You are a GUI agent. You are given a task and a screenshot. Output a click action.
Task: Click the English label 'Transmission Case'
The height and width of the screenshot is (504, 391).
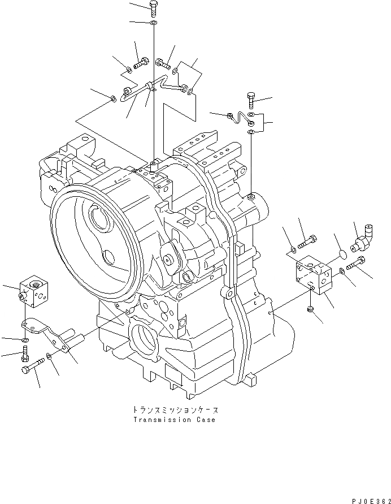point(174,420)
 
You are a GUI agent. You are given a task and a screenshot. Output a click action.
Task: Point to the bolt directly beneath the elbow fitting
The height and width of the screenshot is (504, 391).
point(354,263)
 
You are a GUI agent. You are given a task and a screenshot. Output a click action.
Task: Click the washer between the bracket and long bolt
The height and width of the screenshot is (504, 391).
point(50,356)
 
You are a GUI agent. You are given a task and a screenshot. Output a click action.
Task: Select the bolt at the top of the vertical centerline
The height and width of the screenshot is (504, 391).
point(154,7)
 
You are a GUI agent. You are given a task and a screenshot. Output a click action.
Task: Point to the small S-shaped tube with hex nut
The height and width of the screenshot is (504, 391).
point(240,118)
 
